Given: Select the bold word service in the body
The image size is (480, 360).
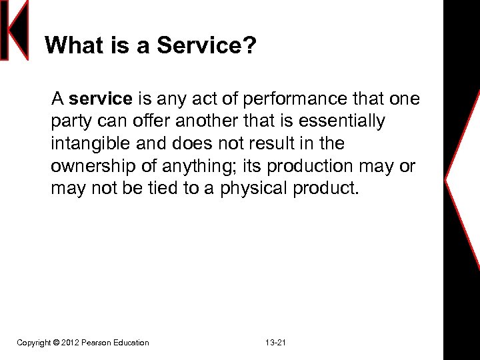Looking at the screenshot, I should click(x=101, y=99).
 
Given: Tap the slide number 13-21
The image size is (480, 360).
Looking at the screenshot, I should click(x=275, y=343).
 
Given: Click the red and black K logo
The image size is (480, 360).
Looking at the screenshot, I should click(x=15, y=30).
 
